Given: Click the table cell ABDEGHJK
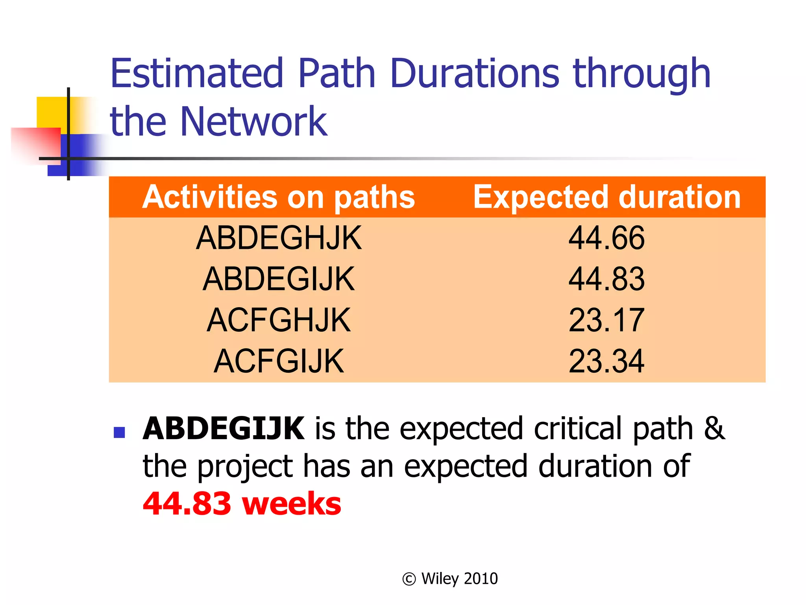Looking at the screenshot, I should (279, 238).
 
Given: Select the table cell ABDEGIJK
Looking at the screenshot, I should (279, 279).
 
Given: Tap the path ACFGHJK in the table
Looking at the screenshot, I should (279, 320).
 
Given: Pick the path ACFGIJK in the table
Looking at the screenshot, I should (279, 361).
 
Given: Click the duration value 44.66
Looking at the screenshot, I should (606, 238).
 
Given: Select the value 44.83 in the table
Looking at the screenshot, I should (606, 279).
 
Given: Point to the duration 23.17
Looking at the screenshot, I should (606, 320).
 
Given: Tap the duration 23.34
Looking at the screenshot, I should (606, 361).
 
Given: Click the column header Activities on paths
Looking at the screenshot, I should (279, 197).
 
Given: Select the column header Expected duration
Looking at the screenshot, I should (606, 197).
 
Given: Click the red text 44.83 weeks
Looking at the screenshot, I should (242, 504).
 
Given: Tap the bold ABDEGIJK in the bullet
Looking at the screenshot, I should (224, 429).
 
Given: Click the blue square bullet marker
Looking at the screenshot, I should (119, 432).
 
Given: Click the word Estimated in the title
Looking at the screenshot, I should (197, 73).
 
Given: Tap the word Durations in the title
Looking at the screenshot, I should (474, 73).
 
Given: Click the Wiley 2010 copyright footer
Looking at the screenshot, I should (450, 579).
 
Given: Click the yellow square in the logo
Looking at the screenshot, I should (51, 112).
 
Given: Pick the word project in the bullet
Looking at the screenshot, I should (245, 467).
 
